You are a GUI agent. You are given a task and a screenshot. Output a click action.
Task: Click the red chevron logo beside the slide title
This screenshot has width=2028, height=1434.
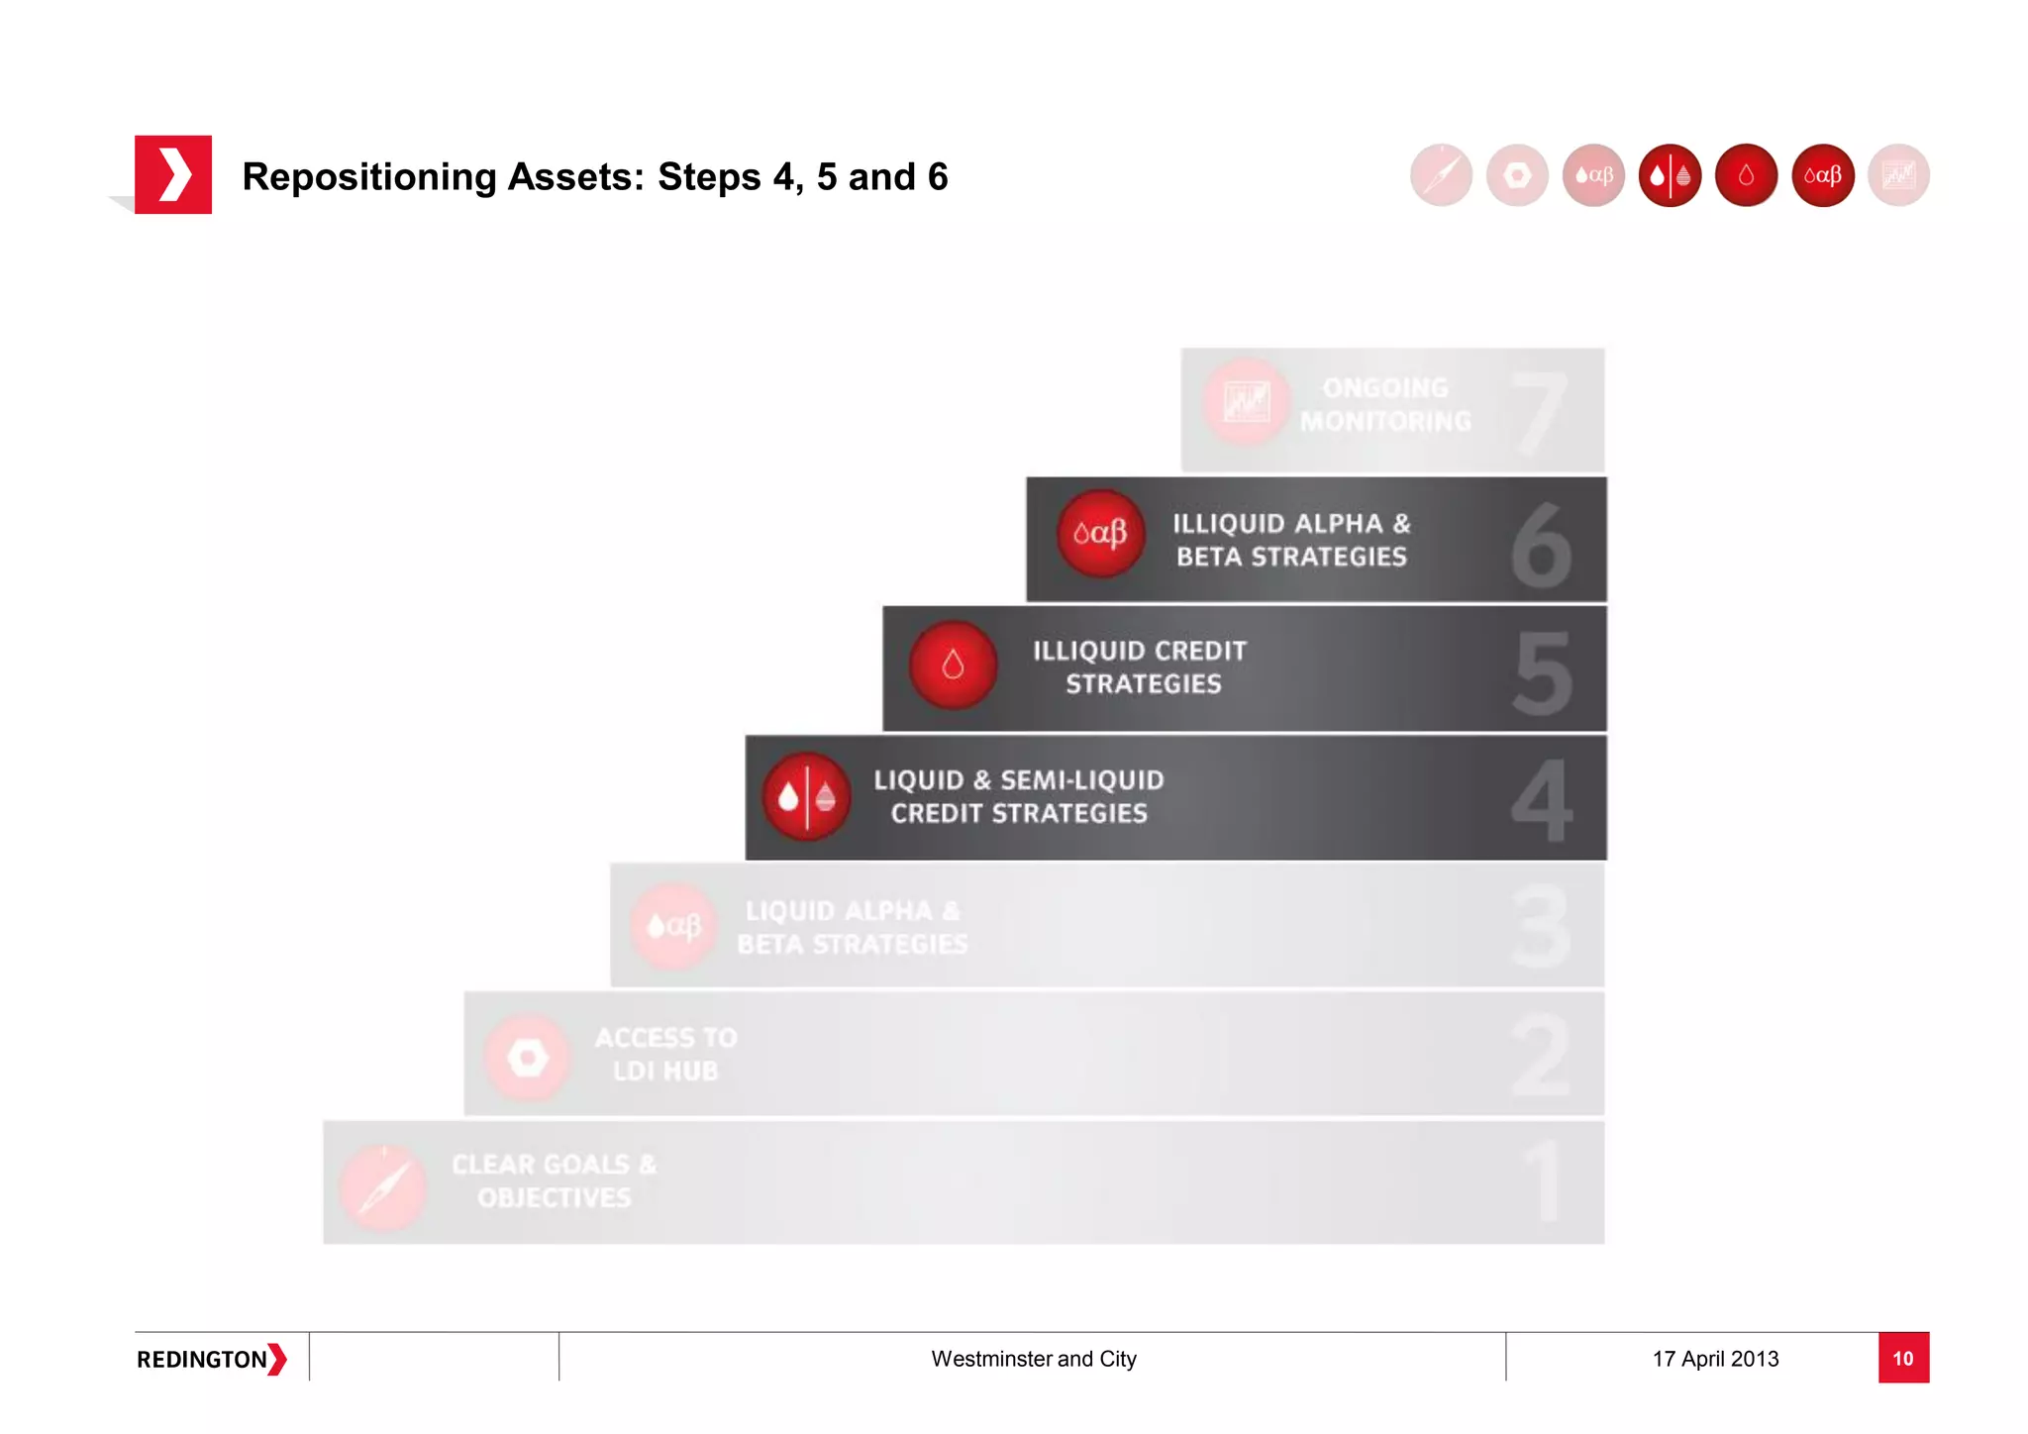(173, 175)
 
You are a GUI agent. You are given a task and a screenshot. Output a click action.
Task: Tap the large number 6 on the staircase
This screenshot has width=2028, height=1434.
(1541, 545)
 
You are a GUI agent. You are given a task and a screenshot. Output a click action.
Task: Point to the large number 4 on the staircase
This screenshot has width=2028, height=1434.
(1542, 800)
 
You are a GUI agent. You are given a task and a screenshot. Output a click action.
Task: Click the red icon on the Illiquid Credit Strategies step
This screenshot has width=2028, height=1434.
(953, 665)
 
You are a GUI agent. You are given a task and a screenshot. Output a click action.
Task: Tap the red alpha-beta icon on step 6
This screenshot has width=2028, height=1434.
(1100, 533)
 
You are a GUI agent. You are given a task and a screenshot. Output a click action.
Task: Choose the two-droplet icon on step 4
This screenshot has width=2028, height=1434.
(806, 796)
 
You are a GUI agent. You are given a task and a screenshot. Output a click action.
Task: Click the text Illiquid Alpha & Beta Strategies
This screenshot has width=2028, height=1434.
(1291, 540)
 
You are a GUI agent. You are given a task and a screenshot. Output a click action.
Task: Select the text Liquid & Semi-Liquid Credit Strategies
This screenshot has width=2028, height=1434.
(1019, 796)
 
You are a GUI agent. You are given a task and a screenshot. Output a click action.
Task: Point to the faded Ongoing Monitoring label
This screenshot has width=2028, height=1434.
(1385, 404)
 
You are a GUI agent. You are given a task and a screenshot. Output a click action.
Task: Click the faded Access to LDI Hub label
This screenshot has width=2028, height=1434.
(665, 1054)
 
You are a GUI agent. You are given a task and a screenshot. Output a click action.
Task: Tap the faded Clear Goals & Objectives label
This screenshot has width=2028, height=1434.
(554, 1180)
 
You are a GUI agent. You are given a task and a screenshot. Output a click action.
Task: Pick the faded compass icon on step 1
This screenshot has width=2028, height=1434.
(383, 1186)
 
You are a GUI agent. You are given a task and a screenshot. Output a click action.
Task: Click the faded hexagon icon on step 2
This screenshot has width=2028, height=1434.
(528, 1058)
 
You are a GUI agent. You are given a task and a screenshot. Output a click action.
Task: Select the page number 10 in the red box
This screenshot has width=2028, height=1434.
(1902, 1358)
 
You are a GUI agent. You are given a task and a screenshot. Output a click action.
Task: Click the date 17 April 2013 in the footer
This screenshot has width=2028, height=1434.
(1715, 1359)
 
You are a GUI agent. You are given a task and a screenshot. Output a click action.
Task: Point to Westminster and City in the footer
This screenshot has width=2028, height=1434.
(1033, 1359)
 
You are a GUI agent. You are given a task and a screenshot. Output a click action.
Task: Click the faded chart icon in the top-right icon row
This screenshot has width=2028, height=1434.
(1898, 175)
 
